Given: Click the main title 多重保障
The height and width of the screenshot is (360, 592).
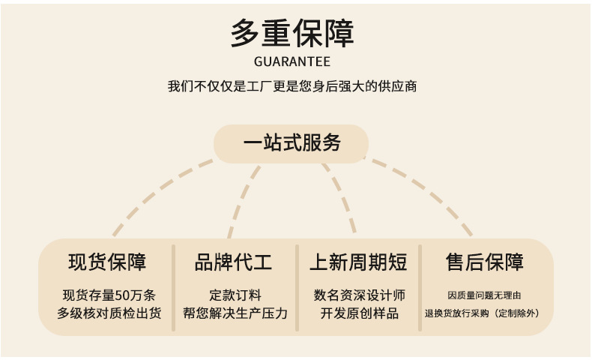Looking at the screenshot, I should click(292, 34).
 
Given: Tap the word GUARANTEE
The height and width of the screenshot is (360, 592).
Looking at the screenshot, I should click(292, 61).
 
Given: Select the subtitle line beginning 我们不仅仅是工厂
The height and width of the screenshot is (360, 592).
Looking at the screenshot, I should click(292, 86).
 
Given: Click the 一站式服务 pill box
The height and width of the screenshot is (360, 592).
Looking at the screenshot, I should click(292, 143).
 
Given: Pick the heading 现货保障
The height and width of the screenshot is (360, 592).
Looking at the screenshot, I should click(107, 262).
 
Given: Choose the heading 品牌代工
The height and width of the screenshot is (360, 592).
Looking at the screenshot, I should click(234, 262).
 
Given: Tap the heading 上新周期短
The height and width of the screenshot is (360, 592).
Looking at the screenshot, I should click(358, 262).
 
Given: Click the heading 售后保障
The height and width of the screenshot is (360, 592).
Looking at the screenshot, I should click(483, 262).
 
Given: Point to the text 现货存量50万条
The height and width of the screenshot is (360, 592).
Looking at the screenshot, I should click(109, 295).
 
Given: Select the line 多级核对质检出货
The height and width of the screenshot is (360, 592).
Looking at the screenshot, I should click(109, 313).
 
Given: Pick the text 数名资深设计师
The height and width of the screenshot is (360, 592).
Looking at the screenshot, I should click(359, 295).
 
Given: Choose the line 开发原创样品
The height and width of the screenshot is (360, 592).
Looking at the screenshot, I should click(359, 313).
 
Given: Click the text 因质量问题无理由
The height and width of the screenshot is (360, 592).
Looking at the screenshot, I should click(483, 295).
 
